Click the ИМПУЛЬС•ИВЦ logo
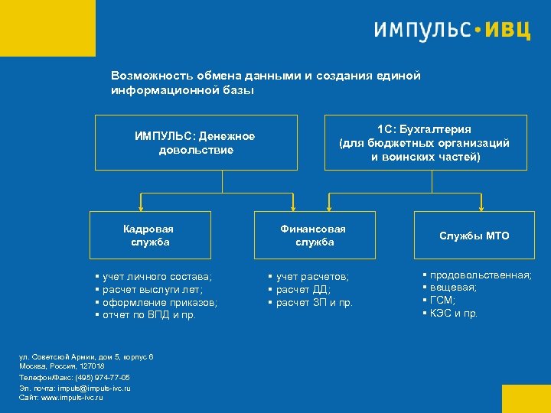pyautogui.click(x=452, y=30)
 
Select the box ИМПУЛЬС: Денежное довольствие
pyautogui.click(x=196, y=142)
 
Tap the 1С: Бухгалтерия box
pyautogui.click(x=425, y=142)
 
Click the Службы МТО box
pyautogui.click(x=474, y=236)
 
